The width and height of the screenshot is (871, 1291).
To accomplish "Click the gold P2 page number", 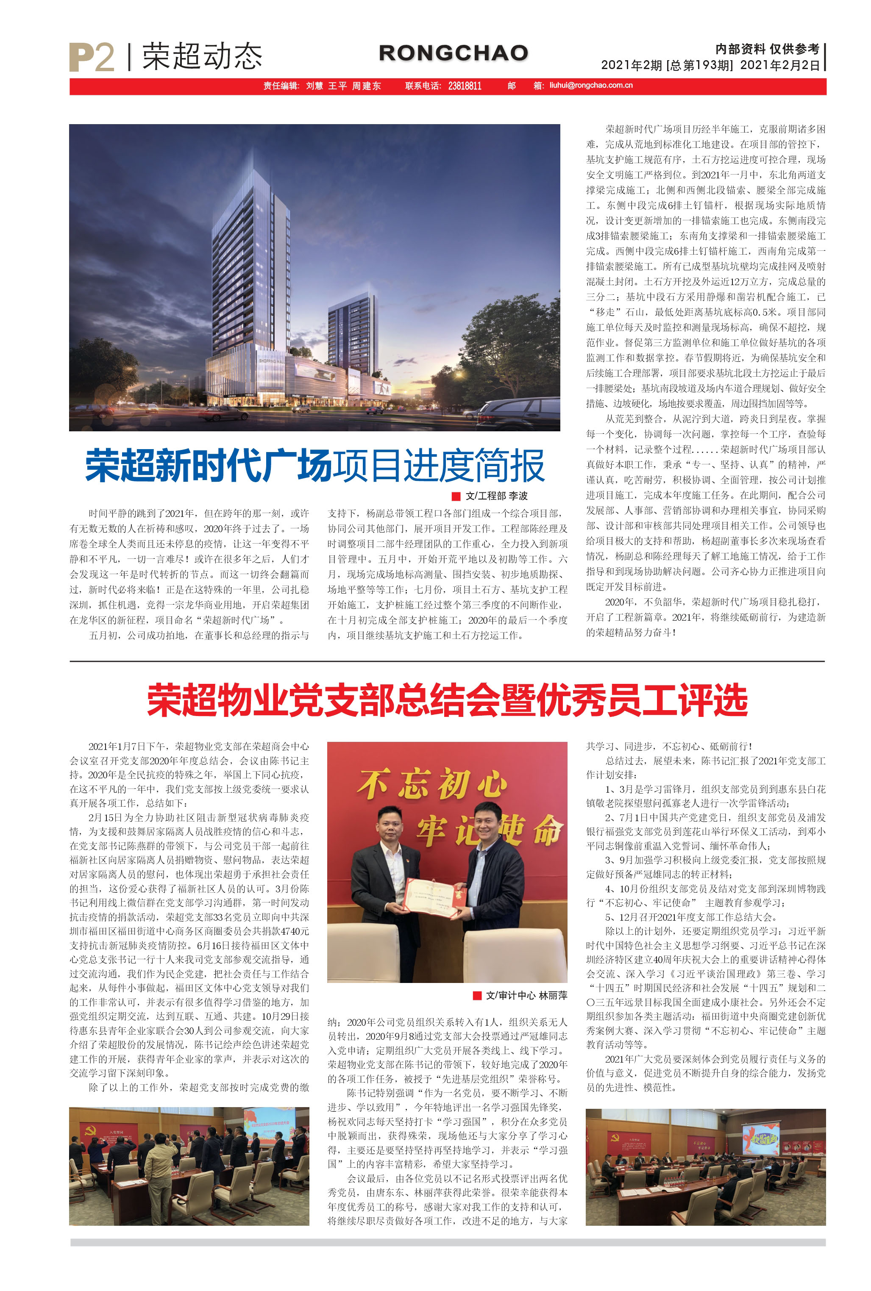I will tap(92, 57).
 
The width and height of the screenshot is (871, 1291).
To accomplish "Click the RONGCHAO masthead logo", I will tap(453, 53).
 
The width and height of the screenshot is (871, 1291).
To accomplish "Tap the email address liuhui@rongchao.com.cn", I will tap(591, 86).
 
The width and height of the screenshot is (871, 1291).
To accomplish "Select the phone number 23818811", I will tap(465, 86).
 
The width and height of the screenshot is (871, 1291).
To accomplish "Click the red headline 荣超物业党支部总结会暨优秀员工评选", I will tap(447, 701).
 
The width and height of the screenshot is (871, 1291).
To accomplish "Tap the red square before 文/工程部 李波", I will tap(456, 496).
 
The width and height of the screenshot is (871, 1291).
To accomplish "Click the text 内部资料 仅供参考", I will tap(767, 49).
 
